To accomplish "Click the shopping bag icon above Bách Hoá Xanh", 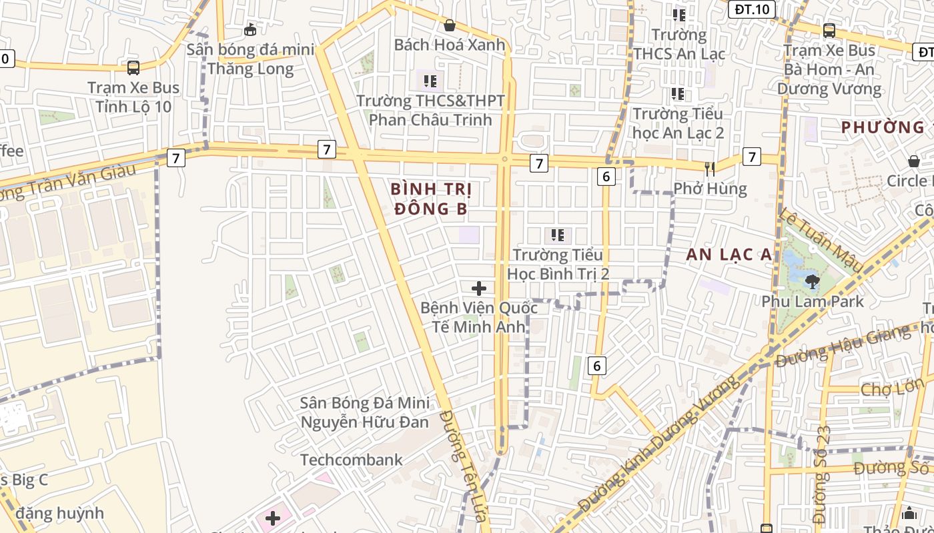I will [450, 26].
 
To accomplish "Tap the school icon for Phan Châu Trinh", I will [430, 81].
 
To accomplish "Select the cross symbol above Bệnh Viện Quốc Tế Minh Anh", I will [479, 288].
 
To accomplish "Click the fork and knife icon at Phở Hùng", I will [710, 169].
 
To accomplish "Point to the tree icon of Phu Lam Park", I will [812, 282].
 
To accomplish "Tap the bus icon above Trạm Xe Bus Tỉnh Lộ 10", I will [133, 67].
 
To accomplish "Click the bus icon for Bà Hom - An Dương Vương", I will [829, 30].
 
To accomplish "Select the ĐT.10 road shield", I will [752, 9].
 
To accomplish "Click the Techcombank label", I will [352, 460].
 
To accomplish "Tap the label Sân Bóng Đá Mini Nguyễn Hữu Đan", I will [365, 412].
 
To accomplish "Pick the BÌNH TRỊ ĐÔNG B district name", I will [431, 199].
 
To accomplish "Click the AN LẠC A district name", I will [729, 254].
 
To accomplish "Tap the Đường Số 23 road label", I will [821, 473].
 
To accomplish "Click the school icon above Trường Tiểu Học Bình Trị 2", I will [558, 235].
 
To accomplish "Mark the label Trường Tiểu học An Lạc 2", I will [678, 123].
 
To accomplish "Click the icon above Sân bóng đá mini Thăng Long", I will [250, 29].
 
